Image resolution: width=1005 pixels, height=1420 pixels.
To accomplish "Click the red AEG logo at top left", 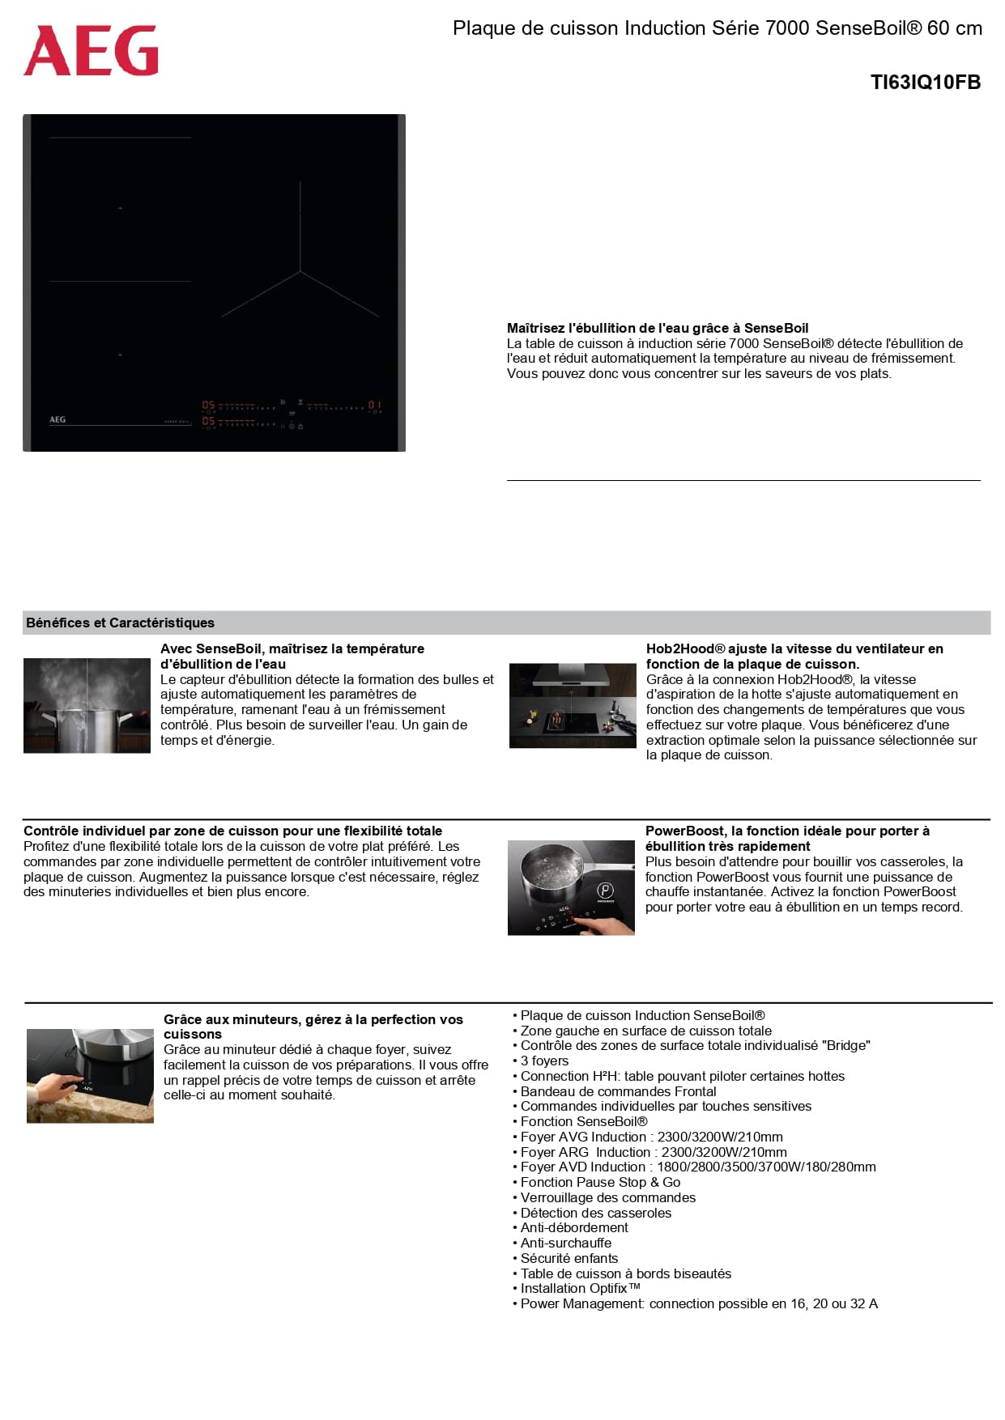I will (x=91, y=51).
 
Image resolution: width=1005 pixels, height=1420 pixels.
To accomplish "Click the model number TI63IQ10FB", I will (x=925, y=83).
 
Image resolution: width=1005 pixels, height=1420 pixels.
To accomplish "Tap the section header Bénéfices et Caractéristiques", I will (x=120, y=623).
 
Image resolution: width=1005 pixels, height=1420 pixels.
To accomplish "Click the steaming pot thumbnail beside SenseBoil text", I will (x=87, y=705).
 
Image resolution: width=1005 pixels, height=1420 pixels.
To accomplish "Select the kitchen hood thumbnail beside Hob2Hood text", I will (x=572, y=705).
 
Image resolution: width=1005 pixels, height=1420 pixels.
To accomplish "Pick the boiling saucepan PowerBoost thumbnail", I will (x=571, y=887).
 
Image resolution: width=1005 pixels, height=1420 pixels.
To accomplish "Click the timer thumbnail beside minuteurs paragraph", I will (x=90, y=1075).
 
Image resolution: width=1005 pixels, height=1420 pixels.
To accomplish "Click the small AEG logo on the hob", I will (x=57, y=419).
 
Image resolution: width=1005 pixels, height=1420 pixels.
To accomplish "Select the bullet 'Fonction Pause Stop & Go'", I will (x=600, y=1182).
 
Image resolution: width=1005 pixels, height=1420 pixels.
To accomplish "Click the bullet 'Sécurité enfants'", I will (x=569, y=1258).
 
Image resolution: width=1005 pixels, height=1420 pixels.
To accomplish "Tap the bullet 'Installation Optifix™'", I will (x=580, y=1288).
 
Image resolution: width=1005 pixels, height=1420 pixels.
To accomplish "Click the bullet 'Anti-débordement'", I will (x=573, y=1227).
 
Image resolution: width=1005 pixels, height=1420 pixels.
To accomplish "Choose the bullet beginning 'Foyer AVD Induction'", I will (x=697, y=1167).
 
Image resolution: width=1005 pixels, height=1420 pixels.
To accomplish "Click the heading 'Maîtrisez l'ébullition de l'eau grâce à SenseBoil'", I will (x=657, y=328).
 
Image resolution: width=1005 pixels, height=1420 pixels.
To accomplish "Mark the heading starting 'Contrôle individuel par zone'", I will (x=232, y=831).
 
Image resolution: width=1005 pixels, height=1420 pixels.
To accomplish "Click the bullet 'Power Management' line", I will (x=698, y=1303).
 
